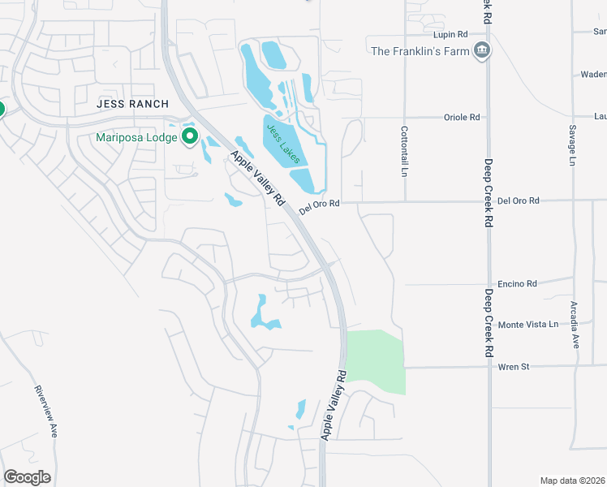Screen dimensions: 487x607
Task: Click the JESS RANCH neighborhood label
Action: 132,104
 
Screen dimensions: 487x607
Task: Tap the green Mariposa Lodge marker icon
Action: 190,137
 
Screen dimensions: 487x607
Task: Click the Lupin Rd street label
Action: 451,35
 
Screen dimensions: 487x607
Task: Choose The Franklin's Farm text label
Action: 420,51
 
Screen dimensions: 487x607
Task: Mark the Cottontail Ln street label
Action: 403,152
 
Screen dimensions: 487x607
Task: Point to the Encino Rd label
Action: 519,284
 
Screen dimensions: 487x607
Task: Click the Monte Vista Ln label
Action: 528,324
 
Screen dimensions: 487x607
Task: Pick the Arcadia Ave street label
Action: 575,325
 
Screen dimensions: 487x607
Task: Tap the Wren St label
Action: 514,367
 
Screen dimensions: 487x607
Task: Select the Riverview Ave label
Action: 45,411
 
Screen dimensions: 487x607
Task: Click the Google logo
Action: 27,477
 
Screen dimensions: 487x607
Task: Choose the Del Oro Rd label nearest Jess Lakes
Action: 318,208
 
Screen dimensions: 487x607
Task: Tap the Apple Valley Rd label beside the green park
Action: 334,405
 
